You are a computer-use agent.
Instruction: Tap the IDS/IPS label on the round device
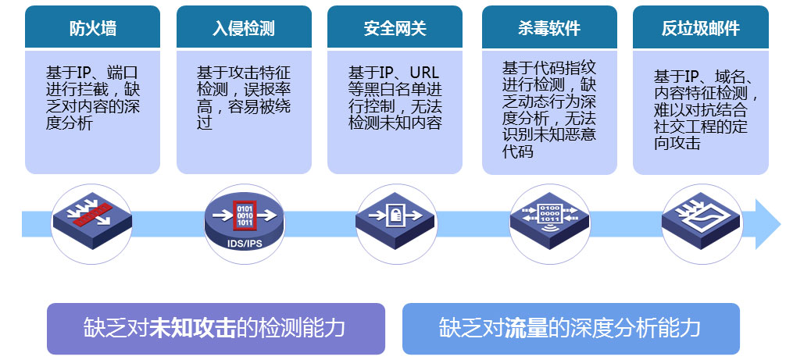click(244, 244)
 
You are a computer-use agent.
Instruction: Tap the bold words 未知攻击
click(192, 328)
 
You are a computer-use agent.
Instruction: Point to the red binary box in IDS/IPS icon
click(245, 216)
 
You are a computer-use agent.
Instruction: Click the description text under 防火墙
click(93, 98)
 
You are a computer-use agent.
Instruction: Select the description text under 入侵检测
click(244, 98)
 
